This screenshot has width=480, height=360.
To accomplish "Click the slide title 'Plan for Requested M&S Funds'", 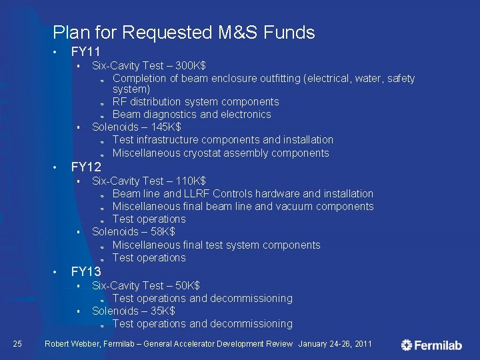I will click(x=183, y=32).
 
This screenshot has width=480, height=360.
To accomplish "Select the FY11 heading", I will click(x=86, y=52).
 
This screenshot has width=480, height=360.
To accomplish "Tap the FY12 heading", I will click(x=86, y=167).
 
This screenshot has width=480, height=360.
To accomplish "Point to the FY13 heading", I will click(x=86, y=271).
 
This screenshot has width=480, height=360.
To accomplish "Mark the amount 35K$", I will click(x=161, y=311).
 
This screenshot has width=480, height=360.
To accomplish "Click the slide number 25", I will click(x=18, y=344).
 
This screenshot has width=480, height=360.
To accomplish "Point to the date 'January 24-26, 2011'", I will click(x=335, y=344).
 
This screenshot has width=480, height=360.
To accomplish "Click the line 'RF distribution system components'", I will click(x=195, y=101).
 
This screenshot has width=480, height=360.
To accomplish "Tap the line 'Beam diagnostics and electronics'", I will click(x=191, y=114).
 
